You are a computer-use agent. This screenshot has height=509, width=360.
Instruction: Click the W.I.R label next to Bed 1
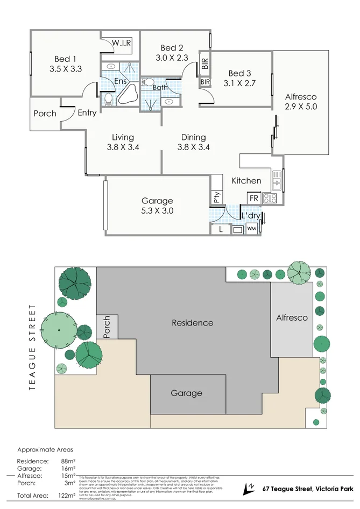click(123, 43)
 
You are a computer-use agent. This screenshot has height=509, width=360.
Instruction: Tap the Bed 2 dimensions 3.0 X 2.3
click(172, 58)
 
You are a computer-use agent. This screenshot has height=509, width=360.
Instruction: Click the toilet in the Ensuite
click(108, 98)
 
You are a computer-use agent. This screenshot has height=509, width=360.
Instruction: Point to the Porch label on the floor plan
click(45, 114)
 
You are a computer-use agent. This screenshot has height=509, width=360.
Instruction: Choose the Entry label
click(87, 113)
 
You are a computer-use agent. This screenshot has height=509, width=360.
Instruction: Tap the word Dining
click(193, 137)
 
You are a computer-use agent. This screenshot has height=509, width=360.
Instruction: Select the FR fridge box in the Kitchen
click(254, 198)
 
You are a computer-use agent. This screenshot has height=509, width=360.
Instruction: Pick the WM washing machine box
click(251, 229)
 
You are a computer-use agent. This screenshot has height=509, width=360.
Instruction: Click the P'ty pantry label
click(217, 197)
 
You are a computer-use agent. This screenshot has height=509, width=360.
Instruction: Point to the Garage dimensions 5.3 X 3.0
click(157, 210)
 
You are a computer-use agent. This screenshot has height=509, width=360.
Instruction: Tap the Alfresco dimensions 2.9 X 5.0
click(301, 107)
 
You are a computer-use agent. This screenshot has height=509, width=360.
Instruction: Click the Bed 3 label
click(239, 73)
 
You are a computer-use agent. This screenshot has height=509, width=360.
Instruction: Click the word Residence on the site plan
click(192, 323)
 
